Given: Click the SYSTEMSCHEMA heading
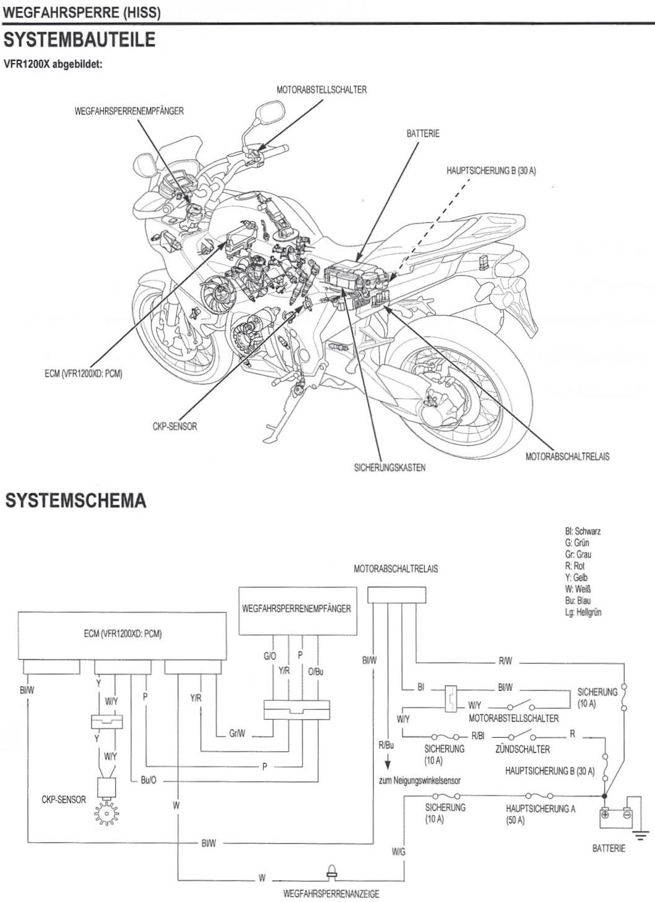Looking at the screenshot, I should pos(75,501).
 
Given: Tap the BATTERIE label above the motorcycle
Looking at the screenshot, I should pos(423,133).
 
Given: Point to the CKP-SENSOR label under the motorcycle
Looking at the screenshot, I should pos(175,427).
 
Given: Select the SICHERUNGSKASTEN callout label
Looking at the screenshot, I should pos(390,467).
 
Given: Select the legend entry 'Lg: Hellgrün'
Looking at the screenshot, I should pos(583,612).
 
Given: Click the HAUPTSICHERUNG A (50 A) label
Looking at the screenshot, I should pos(540,814).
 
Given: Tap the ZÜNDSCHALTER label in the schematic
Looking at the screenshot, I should pos(522,749).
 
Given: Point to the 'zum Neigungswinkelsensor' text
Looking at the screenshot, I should pos(419,780).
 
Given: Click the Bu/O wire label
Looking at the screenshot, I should pos(148,780).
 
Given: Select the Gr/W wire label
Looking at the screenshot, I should pos(237,735).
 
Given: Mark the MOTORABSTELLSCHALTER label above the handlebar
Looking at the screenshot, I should pos(322,90).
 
